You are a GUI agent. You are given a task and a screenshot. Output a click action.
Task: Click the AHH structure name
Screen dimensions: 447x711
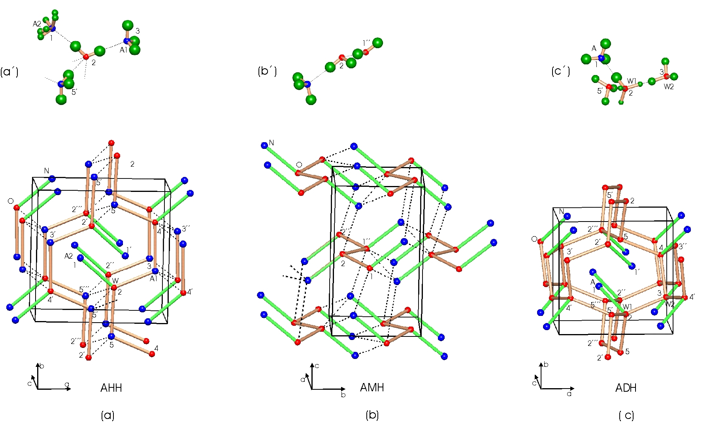click(111, 388)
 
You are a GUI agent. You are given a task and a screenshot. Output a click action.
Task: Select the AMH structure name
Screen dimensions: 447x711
click(372, 387)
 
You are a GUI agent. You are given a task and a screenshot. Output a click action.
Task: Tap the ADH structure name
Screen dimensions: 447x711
click(626, 388)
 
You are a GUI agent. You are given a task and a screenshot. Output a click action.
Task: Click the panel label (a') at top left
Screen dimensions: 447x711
click(9, 71)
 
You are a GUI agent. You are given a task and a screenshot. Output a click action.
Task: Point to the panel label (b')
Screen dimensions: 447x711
click(267, 71)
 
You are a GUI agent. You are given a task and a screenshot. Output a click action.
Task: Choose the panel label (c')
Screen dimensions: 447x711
click(560, 71)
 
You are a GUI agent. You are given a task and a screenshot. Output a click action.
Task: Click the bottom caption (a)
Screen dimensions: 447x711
click(107, 415)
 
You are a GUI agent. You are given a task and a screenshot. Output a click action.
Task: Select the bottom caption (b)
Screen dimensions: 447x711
click(372, 415)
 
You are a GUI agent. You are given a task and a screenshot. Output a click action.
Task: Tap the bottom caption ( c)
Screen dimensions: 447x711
click(626, 415)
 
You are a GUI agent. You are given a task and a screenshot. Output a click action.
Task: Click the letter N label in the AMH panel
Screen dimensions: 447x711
click(272, 143)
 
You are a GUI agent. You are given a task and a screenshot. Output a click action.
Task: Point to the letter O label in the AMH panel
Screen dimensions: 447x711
click(299, 165)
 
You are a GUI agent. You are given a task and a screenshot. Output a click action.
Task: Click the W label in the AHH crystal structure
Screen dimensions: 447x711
click(115, 281)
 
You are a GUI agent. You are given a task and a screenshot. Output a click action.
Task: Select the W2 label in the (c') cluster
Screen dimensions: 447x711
click(669, 87)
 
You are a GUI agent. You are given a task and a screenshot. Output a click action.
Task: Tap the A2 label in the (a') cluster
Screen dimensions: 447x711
click(37, 24)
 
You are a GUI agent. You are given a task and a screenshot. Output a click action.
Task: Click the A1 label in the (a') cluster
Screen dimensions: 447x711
click(124, 50)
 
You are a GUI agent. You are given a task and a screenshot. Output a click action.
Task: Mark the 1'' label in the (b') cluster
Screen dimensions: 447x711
click(367, 43)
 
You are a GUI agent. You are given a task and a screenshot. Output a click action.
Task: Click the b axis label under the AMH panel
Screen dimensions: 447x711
click(343, 394)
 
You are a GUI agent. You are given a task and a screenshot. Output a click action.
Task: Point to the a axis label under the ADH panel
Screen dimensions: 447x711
click(569, 394)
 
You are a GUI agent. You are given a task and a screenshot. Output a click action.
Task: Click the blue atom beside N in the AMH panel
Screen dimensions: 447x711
click(264, 146)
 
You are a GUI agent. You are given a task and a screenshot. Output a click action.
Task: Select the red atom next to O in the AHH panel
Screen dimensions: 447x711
click(17, 207)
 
